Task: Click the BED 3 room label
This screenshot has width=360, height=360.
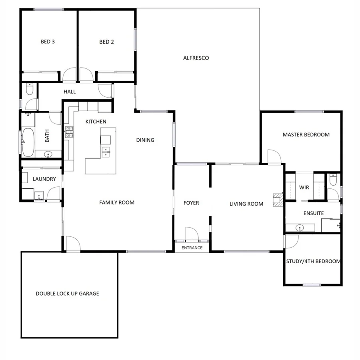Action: pos(48,41)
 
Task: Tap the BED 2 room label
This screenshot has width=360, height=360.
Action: pos(106,42)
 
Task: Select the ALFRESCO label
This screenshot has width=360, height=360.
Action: pos(196,58)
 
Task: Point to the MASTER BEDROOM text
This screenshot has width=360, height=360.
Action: pos(306,135)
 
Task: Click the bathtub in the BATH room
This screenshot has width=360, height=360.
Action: pos(28,142)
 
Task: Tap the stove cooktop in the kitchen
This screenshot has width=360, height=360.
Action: pos(69,132)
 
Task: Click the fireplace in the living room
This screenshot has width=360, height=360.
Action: pos(278,199)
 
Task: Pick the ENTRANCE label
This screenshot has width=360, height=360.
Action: pos(192,248)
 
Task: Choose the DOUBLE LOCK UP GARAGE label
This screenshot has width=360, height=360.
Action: pos(67,294)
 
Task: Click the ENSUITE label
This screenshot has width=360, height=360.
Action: pos(313,213)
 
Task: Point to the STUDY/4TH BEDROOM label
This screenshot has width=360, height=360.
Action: pos(313,262)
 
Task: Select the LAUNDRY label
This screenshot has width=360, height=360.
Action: pos(44,179)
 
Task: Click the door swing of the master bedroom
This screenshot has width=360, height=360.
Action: pos(274,156)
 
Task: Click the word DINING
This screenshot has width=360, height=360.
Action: pos(145,140)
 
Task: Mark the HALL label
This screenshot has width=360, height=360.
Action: pos(70,92)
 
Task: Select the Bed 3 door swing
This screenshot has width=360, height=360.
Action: pos(69,75)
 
